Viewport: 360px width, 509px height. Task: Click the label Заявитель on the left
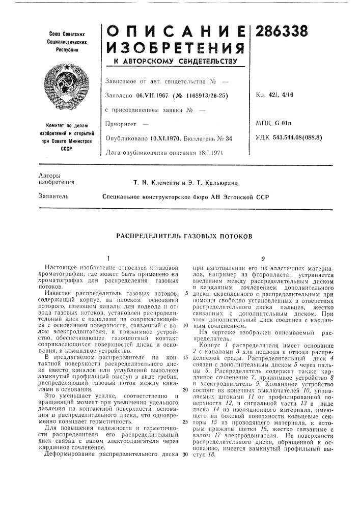(52, 195)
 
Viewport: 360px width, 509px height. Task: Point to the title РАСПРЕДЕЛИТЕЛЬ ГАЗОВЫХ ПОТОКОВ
(184, 237)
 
